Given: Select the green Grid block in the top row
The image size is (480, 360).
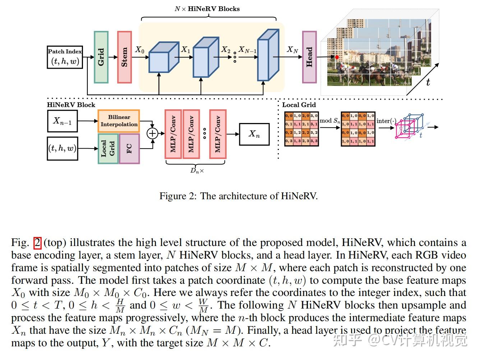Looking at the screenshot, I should [101, 57].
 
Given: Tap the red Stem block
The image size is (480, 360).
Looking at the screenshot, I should [124, 57].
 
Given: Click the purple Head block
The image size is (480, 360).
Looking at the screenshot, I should [309, 57].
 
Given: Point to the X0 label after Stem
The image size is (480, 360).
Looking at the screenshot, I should [140, 50].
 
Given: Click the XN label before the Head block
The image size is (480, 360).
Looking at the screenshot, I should [292, 50].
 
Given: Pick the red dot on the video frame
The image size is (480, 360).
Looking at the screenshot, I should [337, 57].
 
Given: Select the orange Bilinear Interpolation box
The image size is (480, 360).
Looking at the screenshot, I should [119, 121].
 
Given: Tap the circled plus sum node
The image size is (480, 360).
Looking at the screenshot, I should [153, 133].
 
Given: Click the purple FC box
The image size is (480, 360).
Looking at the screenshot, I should [129, 148].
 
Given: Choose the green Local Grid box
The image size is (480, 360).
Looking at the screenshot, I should [108, 148].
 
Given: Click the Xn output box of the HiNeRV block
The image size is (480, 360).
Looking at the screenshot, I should [254, 134].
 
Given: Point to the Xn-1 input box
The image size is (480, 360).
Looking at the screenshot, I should [63, 121].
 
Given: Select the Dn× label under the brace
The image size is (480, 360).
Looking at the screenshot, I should [197, 171].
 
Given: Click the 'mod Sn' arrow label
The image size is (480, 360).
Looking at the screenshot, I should [329, 121].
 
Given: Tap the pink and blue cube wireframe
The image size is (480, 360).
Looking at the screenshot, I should [409, 127].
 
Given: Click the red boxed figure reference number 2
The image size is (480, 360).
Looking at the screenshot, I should [38, 243].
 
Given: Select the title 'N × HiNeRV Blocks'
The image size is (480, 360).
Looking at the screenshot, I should [207, 9].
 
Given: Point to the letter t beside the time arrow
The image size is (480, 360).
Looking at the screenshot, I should [428, 82].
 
